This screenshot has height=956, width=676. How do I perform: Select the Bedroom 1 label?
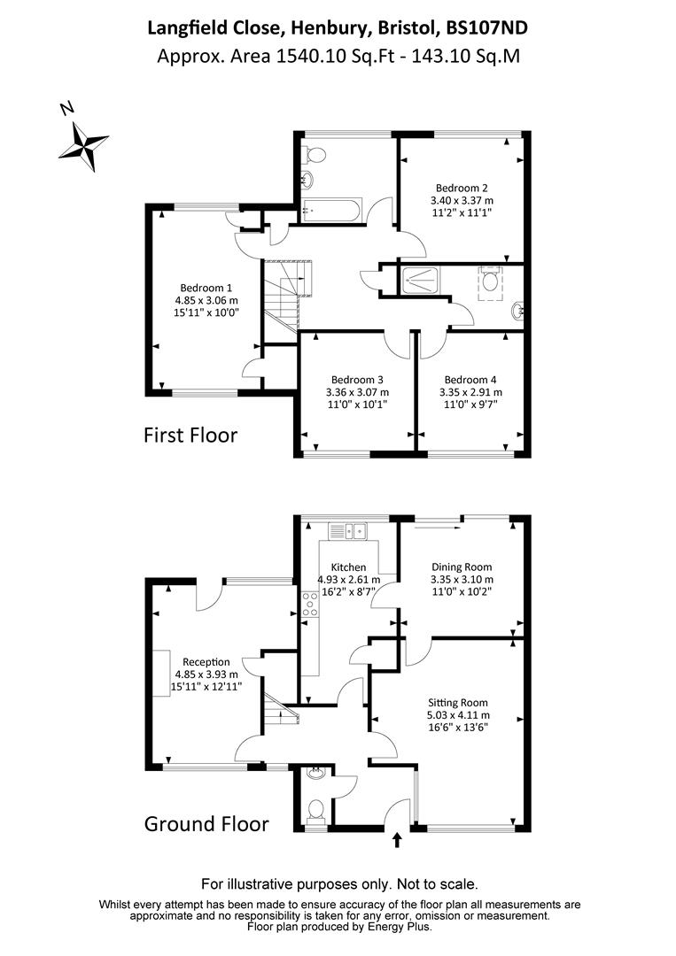pos(206,288)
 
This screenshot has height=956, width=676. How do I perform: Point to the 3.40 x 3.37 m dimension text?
pos(461,200)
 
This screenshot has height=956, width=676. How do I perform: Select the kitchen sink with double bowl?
pos(348,531)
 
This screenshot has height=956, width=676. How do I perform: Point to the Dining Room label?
pos(461,567)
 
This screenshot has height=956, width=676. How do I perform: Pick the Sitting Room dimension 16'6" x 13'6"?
pos(461,728)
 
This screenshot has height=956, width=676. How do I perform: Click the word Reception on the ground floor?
pos(206,661)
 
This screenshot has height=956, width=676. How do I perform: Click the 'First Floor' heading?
pos(190,436)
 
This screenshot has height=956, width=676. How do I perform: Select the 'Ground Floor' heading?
pos(206,824)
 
